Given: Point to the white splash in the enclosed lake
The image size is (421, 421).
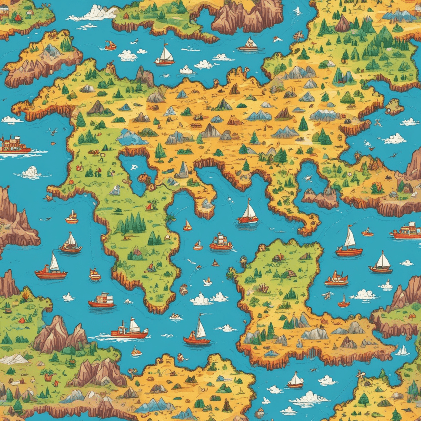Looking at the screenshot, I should point(134,167).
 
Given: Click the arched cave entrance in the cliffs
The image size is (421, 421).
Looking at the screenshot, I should point(408,188).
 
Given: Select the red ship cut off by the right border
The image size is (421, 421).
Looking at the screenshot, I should point(407,231).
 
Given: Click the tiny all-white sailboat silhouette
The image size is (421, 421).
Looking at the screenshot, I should point(298,11).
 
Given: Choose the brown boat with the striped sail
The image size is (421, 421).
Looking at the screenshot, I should point(70,243).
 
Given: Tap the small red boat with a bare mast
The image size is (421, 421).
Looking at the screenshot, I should point(344,302).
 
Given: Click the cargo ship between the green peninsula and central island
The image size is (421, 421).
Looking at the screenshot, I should point(221,242).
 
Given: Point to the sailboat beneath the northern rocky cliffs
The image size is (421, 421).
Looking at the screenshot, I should point(251,44).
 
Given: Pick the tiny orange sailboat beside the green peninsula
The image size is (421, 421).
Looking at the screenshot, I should point(187,226).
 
